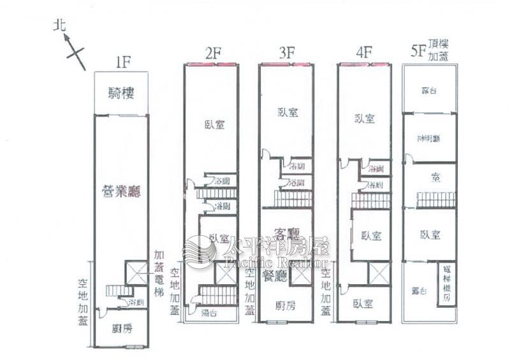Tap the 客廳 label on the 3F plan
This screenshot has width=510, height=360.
click(x=286, y=233)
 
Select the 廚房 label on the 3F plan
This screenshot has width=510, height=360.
click(x=286, y=305)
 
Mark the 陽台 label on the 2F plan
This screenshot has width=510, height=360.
click(x=208, y=313)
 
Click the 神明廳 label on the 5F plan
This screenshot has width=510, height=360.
click(x=428, y=139)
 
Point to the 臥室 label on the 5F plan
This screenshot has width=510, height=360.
click(x=430, y=234)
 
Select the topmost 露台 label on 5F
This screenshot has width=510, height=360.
click(x=429, y=90)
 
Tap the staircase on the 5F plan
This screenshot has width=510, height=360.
click(x=437, y=199)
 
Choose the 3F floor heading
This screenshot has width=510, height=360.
click(x=286, y=53)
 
